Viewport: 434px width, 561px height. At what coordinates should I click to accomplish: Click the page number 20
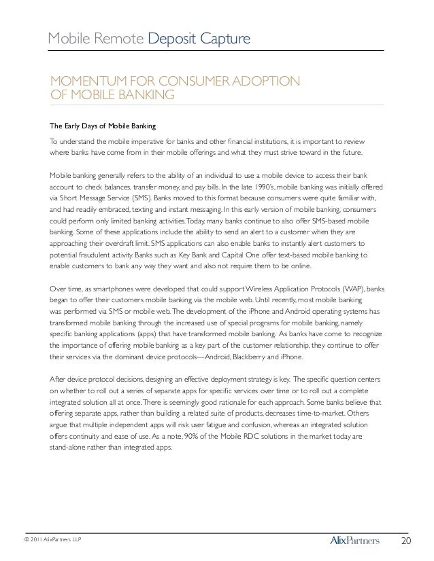407,541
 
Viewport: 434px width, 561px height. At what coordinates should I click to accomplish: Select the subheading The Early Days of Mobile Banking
103,126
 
